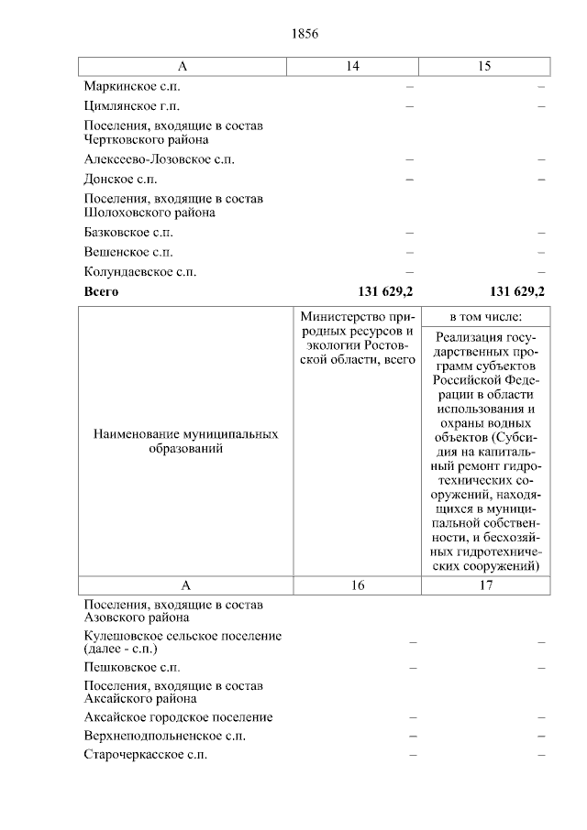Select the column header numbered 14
[352, 66]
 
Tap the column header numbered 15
[484, 66]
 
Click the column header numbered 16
[356, 584]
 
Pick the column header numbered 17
[485, 584]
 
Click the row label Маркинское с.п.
[131, 86]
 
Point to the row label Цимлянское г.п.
[131, 106]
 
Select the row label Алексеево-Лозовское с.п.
[159, 159]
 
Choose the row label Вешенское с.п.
[127, 252]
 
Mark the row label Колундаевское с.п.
[139, 272]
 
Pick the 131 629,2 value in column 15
[517, 292]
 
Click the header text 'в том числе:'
[485, 316]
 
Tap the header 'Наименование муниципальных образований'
[186, 442]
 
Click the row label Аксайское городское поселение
[177, 717]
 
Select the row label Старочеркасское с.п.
[145, 755]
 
